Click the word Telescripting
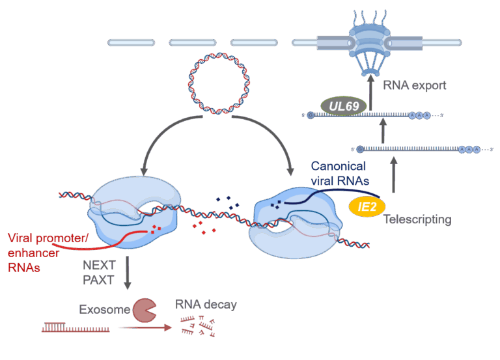pyautogui.click(x=417, y=219)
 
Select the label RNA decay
pyautogui.click(x=205, y=304)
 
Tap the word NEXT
pyautogui.click(x=99, y=266)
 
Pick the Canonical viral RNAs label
pyautogui.click(x=338, y=174)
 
